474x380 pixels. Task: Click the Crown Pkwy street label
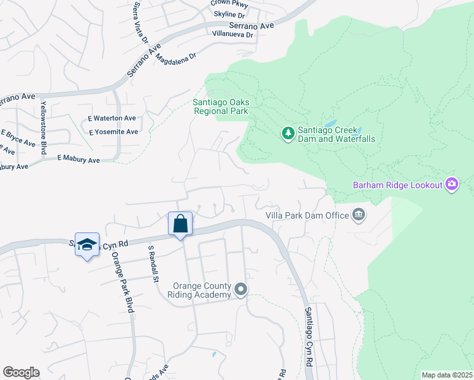pos(229,4)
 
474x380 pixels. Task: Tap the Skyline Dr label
pos(229,15)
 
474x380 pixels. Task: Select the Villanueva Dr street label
pos(233,34)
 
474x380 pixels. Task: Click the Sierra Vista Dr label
pos(141,32)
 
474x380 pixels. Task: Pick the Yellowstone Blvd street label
pos(44,127)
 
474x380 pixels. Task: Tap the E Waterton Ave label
pos(112,118)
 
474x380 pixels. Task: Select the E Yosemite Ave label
pos(113,132)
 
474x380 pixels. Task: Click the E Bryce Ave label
pos(18,139)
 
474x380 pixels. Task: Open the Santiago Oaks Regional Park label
pos(221,106)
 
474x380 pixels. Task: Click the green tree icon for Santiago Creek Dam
pos(288,133)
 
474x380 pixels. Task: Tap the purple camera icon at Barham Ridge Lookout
pos(452,184)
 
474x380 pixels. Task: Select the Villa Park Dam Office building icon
pos(359,215)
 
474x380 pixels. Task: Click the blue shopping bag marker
pos(181,224)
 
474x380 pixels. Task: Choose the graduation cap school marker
pos(87,244)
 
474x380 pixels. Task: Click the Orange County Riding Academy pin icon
pos(241,289)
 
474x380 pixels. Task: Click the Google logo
pos(21,372)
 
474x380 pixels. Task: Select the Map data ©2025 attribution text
pos(446,375)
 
